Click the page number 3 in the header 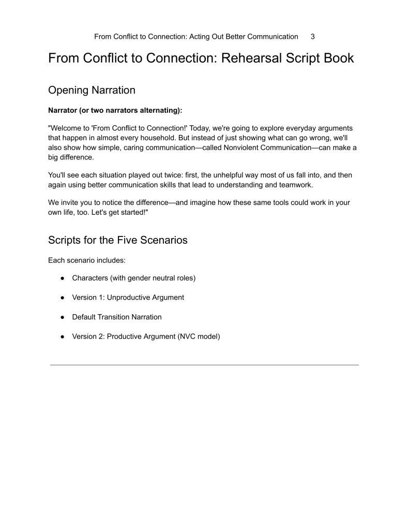[x=312, y=37]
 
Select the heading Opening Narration [x=92, y=90]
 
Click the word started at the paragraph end [x=127, y=213]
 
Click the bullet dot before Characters [x=62, y=278]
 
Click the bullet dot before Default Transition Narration [x=62, y=317]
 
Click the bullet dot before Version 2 [x=62, y=336]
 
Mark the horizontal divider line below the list [x=204, y=365]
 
